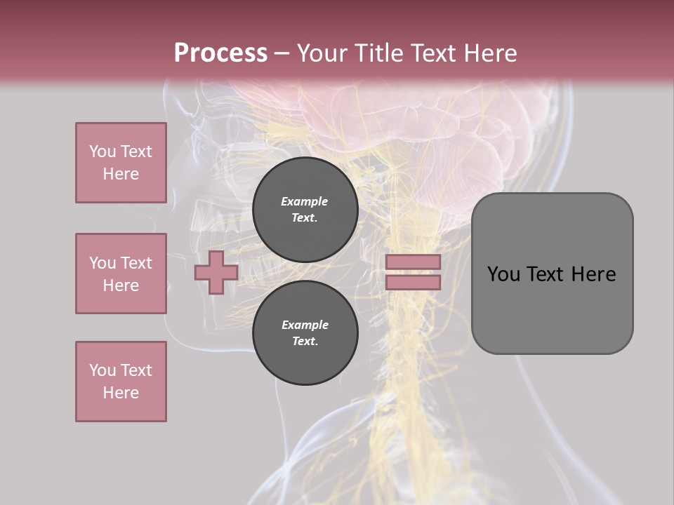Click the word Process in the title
[x=220, y=53]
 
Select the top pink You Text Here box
[x=121, y=163]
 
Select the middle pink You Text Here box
[x=121, y=274]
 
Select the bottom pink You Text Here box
[x=121, y=382]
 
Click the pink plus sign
[x=216, y=272]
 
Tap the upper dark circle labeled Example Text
[x=305, y=210]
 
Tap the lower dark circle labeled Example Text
[x=305, y=333]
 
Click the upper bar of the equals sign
[x=414, y=262]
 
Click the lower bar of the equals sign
[x=414, y=283]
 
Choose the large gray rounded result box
[x=552, y=274]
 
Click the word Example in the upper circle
[x=305, y=201]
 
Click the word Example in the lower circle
[x=305, y=325]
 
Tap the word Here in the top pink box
[x=121, y=174]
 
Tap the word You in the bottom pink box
[x=103, y=370]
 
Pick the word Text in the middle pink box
[x=136, y=263]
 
